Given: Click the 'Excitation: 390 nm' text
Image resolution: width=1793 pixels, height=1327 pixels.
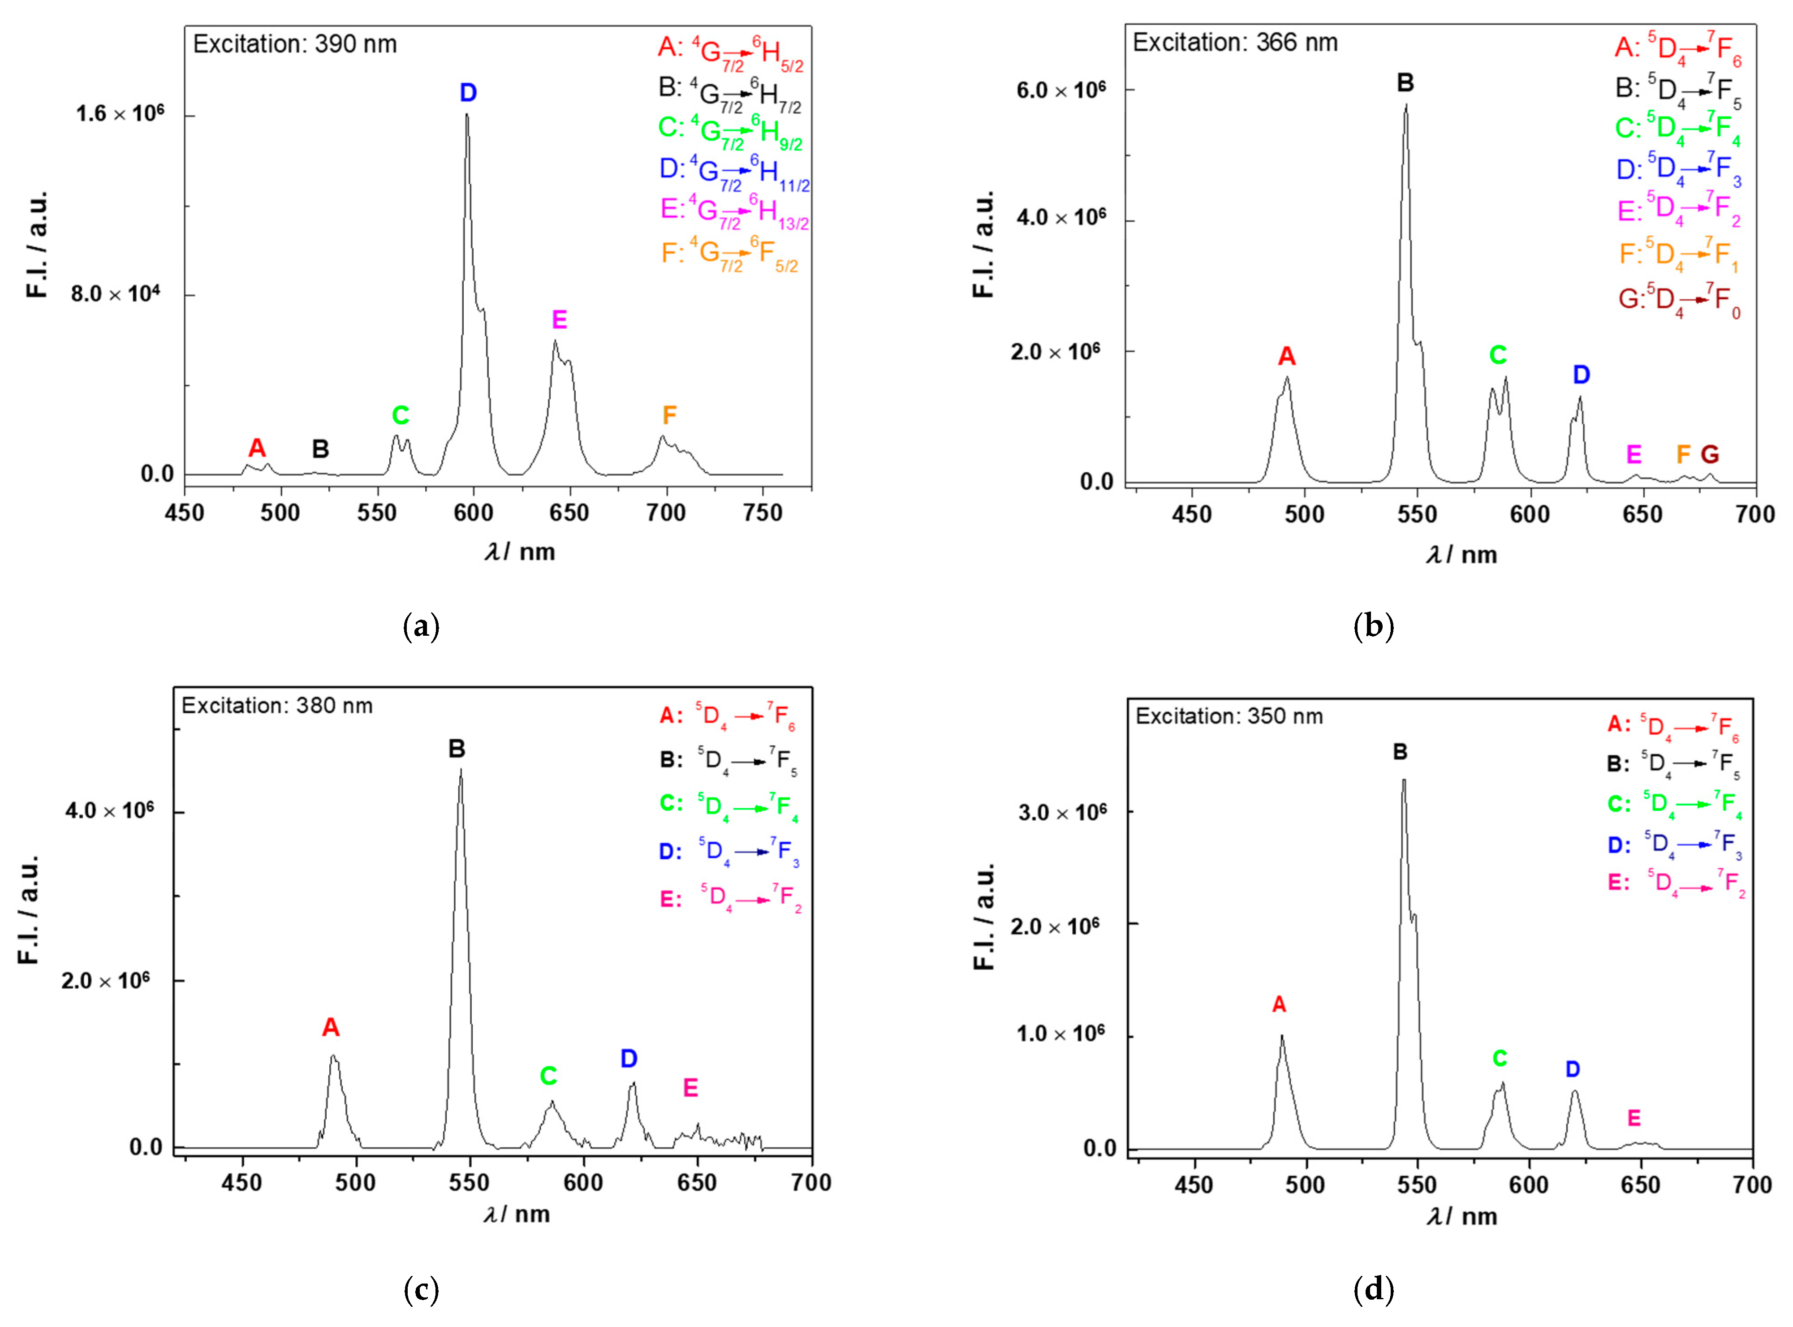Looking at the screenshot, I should tap(295, 44).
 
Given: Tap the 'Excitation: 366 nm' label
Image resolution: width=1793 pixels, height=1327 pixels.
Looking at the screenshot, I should tap(1235, 43).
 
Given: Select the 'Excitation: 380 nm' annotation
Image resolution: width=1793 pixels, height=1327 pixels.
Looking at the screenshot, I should tap(277, 706).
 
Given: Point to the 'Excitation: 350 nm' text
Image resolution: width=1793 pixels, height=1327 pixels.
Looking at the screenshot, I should tap(1229, 716).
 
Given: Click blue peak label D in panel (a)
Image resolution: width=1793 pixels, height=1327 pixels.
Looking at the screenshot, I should tap(468, 93).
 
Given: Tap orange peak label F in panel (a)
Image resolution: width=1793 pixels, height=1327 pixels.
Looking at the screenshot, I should tap(669, 415).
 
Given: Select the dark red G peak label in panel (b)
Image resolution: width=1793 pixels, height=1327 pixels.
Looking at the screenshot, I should tap(1710, 455).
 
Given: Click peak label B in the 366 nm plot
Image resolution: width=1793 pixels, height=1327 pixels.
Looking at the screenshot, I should tap(1405, 83).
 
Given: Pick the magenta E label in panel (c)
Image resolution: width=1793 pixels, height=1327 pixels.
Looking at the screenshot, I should tap(690, 1088).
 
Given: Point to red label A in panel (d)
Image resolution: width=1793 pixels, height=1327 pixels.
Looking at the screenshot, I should tap(1279, 1004).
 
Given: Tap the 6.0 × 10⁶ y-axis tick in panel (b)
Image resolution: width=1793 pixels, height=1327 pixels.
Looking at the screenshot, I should tap(1060, 90).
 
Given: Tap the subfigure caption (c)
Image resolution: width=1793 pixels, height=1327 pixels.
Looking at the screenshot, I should tap(421, 1290).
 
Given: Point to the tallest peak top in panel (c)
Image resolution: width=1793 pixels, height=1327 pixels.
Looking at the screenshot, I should tap(460, 770).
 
